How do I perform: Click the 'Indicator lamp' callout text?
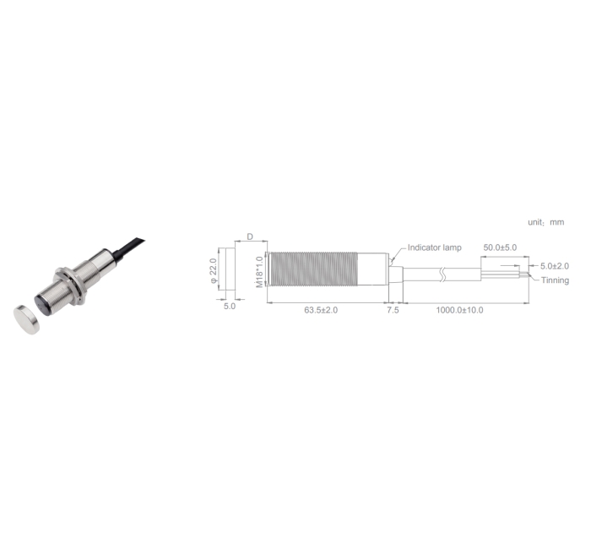click(x=434, y=247)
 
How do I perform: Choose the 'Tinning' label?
click(x=555, y=280)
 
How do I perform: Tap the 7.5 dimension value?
click(x=393, y=311)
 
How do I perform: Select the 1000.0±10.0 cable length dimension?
click(x=459, y=311)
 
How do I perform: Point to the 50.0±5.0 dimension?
click(x=499, y=247)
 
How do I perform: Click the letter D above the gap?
click(x=250, y=238)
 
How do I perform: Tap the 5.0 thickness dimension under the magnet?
click(x=229, y=307)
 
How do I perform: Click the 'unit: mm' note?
click(x=545, y=221)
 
